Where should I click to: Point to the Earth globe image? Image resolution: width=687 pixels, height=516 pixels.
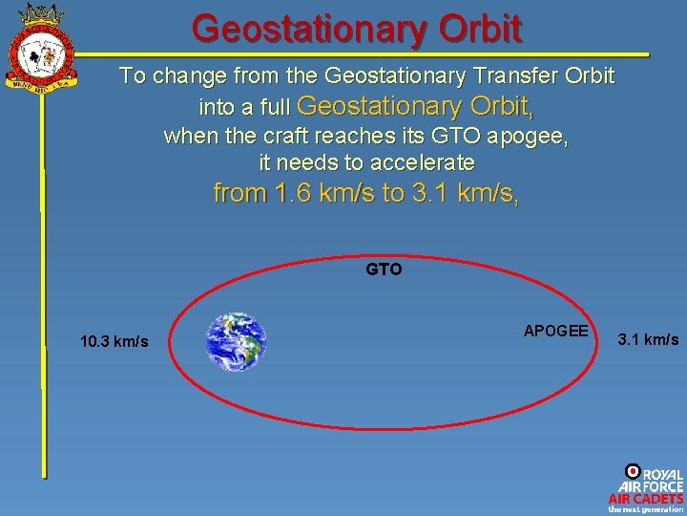[237, 341]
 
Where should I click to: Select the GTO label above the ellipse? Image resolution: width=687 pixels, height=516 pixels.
[384, 269]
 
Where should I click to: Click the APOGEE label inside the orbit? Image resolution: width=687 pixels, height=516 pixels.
[555, 331]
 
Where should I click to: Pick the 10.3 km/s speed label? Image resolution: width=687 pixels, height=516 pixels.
[114, 341]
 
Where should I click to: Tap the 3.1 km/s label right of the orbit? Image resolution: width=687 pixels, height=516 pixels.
[649, 339]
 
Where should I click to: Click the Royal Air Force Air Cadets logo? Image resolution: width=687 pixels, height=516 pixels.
[646, 488]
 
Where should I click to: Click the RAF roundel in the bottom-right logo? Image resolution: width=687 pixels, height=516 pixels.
[632, 471]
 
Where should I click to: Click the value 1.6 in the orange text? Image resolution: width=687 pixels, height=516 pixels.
[289, 193]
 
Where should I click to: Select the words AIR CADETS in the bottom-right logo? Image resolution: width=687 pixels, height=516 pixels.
[646, 498]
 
